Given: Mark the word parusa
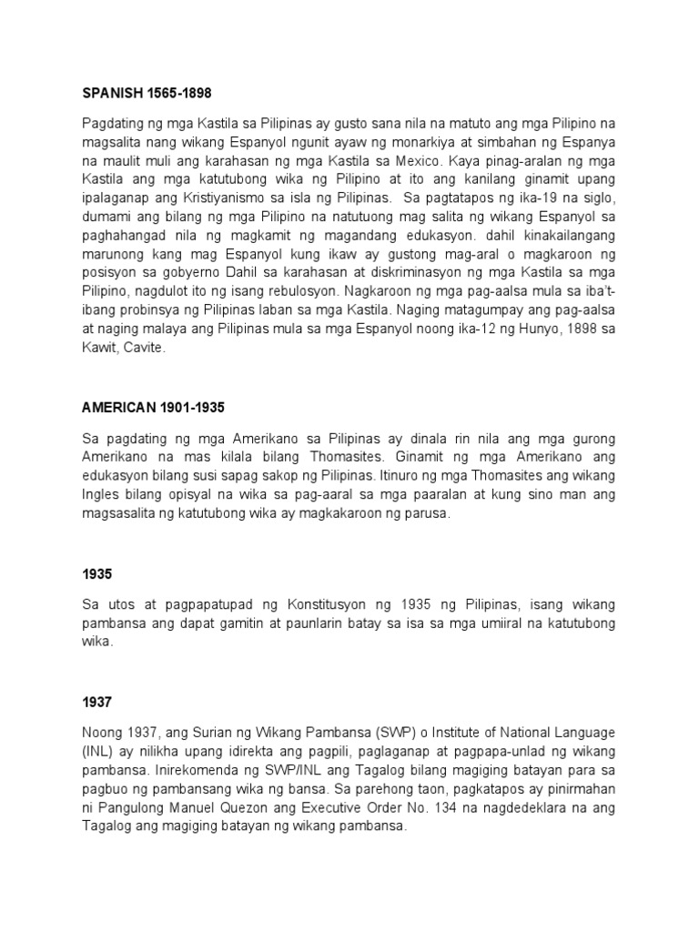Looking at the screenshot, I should (426, 515).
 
